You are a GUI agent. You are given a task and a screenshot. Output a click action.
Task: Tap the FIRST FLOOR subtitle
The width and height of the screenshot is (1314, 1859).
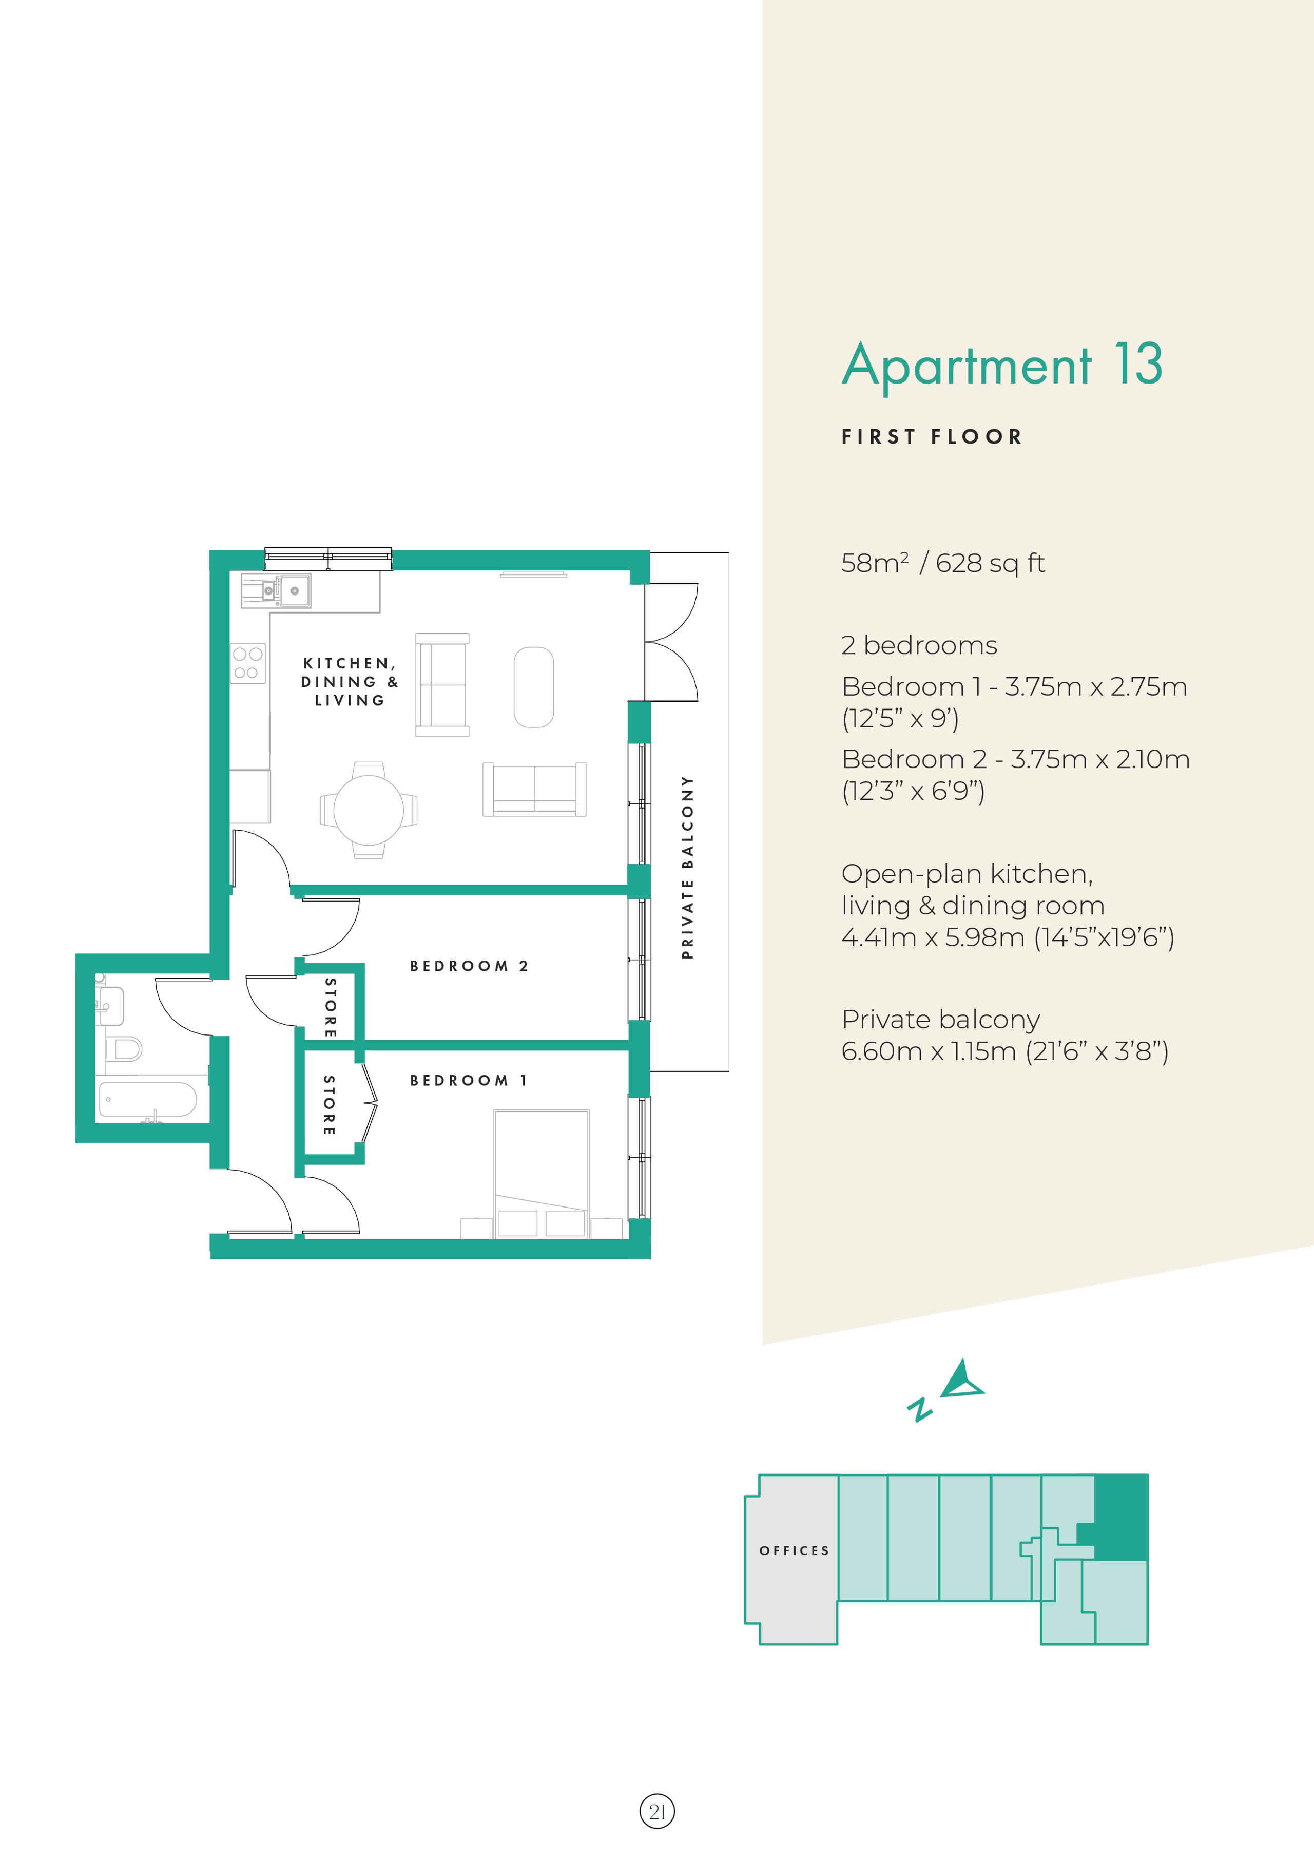932,437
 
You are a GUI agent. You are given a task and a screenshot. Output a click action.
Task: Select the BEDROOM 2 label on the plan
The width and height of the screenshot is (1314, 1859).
469,966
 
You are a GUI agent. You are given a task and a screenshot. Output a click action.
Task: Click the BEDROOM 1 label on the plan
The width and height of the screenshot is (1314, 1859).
469,1080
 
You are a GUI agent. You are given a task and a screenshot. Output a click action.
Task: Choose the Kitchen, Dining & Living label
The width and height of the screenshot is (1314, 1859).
350,682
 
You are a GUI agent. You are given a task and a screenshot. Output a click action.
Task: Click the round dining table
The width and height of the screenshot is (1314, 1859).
369,810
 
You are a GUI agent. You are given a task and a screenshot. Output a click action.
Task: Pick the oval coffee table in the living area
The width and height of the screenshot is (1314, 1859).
533,687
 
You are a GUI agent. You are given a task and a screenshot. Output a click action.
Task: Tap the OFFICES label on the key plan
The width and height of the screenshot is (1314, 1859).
794,1550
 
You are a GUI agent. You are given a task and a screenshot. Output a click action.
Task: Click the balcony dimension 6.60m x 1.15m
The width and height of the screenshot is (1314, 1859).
1004,1051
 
